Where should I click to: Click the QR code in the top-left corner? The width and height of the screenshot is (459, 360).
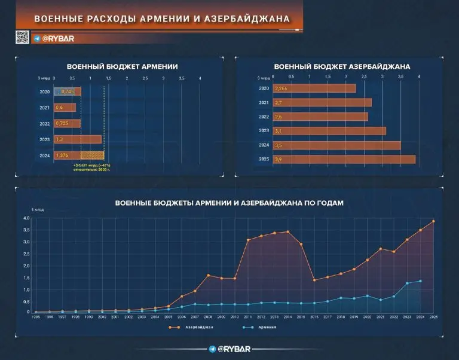click(x=22, y=37)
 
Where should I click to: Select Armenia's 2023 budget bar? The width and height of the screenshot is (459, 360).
click(x=78, y=139)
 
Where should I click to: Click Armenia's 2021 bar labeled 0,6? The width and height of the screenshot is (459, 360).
click(x=65, y=108)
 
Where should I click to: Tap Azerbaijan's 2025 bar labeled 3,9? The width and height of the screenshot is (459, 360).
click(x=344, y=160)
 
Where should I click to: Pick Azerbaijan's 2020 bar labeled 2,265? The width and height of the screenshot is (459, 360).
click(x=314, y=88)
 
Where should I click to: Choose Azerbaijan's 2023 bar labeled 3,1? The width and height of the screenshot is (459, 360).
click(x=329, y=131)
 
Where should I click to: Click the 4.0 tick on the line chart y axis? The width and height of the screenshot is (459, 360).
click(x=26, y=218)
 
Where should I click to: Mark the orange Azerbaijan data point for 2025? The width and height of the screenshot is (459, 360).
click(x=434, y=221)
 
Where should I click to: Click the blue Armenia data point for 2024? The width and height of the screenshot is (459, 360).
click(x=421, y=281)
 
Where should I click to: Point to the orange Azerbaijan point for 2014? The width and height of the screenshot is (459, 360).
click(x=287, y=231)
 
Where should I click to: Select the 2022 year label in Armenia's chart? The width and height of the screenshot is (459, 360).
click(x=45, y=124)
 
